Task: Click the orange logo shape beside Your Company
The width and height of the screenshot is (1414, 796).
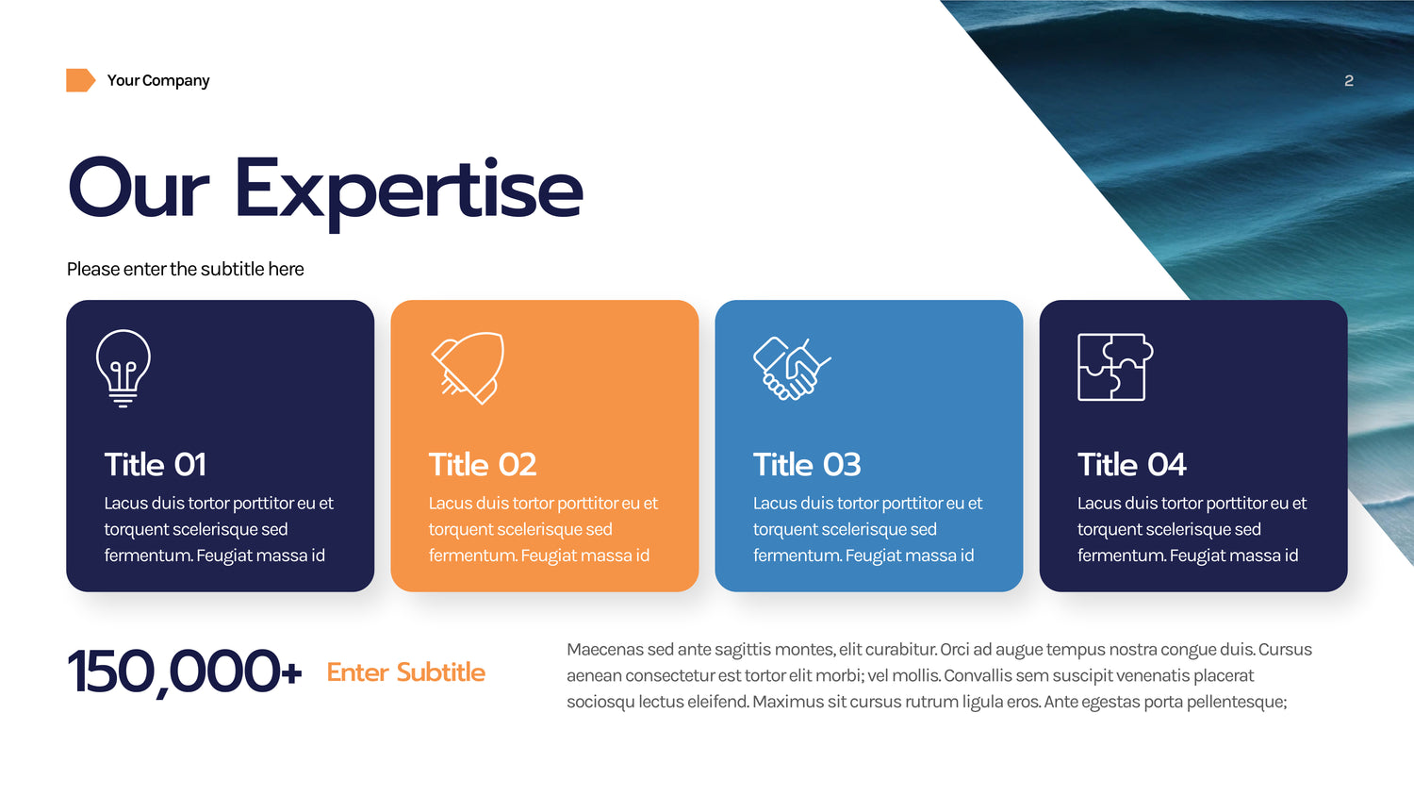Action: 80,80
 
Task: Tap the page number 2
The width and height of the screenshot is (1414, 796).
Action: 1348,81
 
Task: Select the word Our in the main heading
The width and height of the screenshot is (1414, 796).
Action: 139,188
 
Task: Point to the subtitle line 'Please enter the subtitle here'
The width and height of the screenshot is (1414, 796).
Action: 185,269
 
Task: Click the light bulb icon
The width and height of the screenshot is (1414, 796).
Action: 123,369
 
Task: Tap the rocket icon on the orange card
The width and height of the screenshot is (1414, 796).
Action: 468,368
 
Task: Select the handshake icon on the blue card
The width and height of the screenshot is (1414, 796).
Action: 792,369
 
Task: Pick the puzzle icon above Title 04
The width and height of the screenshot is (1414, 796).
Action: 1115,367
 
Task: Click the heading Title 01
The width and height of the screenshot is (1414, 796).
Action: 156,465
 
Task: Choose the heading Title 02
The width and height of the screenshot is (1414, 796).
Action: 483,465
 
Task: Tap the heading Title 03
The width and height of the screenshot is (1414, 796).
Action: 807,465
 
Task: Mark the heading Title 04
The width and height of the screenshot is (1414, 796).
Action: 1132,465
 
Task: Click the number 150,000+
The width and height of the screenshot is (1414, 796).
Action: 185,672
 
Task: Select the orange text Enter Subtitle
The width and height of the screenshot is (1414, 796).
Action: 406,672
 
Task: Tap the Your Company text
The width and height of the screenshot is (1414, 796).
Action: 158,81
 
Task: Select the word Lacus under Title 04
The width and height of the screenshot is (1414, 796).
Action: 1098,504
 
